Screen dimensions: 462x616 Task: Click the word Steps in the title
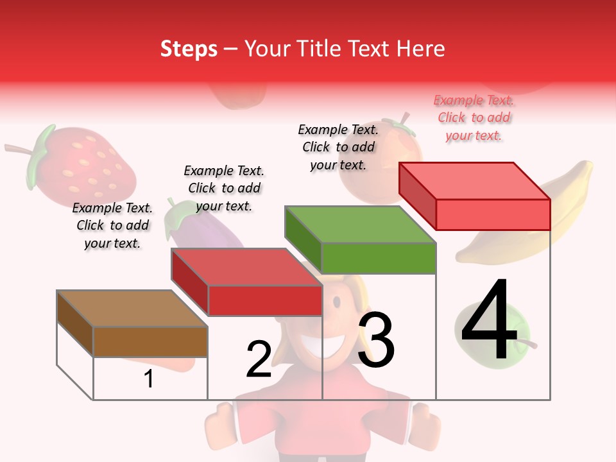[x=188, y=49]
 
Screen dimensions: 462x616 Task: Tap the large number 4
[x=489, y=322]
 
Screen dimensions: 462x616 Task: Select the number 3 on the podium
[x=376, y=340]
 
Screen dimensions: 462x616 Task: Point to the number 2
[x=259, y=360]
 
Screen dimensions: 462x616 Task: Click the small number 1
[x=149, y=379]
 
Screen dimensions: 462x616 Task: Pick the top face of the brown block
[x=132, y=309]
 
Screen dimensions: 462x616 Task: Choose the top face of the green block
[x=360, y=225]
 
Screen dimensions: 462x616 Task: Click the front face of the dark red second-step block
[x=264, y=300]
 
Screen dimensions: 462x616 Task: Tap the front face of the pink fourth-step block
[x=493, y=214]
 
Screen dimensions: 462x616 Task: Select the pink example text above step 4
[x=474, y=117]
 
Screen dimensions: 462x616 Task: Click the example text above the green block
[x=339, y=147]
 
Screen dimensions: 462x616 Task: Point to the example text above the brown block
[x=113, y=225]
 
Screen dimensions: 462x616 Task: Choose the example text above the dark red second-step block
[x=224, y=188]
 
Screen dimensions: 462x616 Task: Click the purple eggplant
[x=193, y=225]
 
